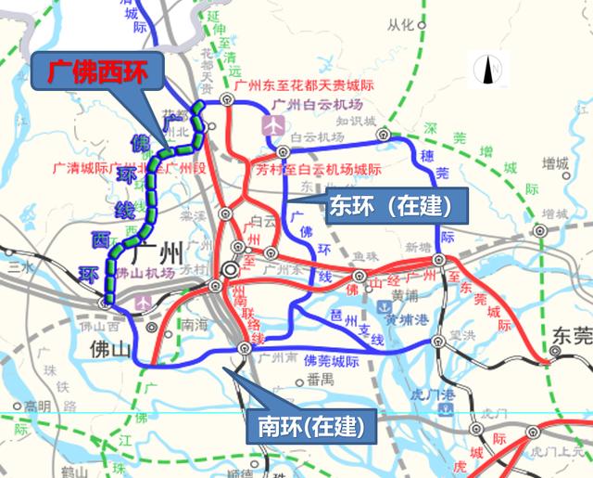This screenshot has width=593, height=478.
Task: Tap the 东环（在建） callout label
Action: click(388, 204)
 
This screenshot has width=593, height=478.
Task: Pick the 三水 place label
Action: click(16, 264)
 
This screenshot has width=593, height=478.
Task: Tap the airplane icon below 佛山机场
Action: click(141, 303)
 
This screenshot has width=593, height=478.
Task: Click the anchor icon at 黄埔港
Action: click(380, 305)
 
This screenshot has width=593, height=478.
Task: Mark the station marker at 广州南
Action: click(245, 348)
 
